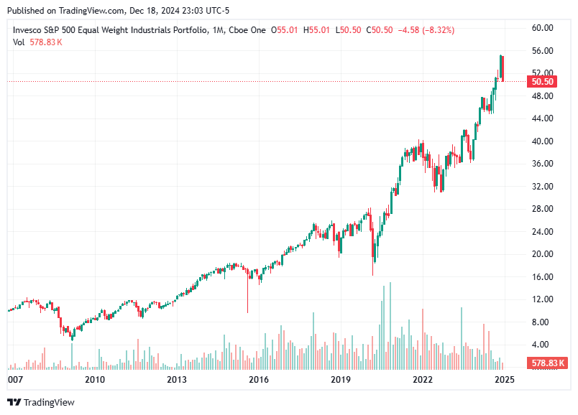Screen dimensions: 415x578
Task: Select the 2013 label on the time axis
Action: coord(177,379)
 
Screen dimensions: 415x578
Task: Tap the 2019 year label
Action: coord(340,379)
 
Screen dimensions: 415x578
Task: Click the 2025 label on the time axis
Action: coord(504,379)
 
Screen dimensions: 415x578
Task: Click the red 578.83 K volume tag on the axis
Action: coord(547,363)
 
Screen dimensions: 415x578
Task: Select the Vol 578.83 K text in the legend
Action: coord(37,42)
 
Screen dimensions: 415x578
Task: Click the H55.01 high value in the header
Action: coord(317,30)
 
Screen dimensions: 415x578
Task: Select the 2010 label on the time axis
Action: coord(95,379)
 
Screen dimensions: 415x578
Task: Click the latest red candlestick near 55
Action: coord(503,68)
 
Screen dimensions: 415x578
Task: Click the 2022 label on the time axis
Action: coord(422,379)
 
